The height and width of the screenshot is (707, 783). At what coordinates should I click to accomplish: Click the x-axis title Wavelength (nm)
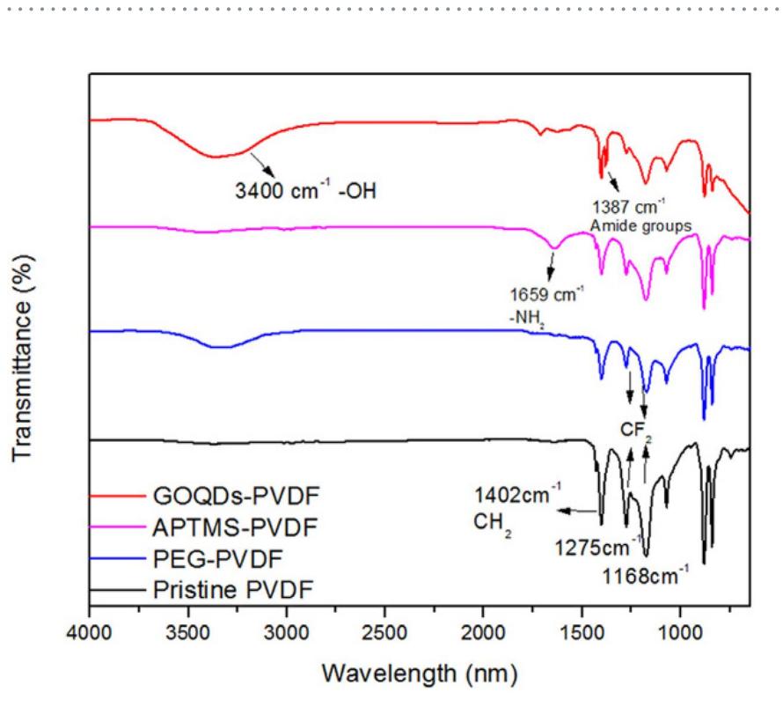tap(419, 676)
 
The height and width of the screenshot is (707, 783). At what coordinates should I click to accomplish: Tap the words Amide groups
tap(640, 225)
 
